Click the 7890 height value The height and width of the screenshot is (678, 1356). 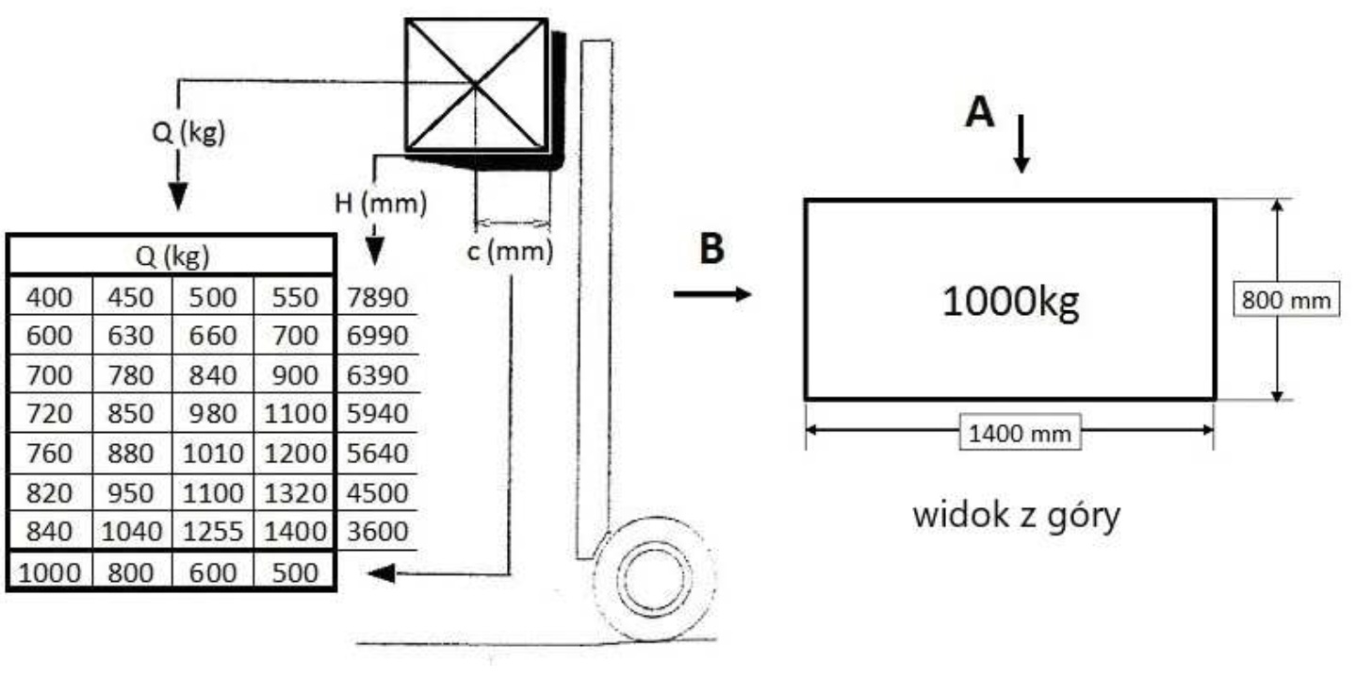coord(376,299)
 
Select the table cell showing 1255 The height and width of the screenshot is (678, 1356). coord(212,533)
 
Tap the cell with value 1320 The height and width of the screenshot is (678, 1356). coord(295,493)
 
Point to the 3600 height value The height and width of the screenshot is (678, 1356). coord(376,533)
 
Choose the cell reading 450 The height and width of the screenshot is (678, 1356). coord(131,299)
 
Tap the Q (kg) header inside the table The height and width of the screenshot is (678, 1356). coord(171,255)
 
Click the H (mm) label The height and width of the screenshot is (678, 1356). coord(381,201)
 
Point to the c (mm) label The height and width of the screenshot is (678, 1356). coord(510,252)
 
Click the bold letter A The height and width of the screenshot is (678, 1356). coord(980,113)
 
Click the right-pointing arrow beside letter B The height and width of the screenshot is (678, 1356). coord(712,294)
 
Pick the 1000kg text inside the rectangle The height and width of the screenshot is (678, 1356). coord(1010,303)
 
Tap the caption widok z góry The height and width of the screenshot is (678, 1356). coord(1017,516)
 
